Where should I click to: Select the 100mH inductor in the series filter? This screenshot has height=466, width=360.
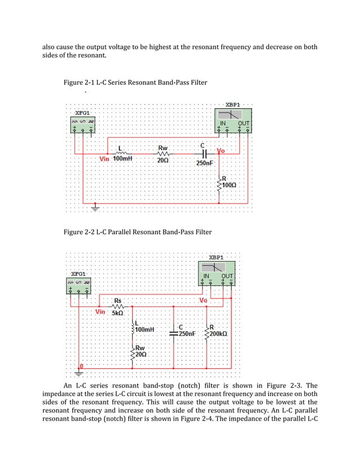coord(122,152)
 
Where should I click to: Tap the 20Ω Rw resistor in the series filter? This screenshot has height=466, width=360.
coord(163,153)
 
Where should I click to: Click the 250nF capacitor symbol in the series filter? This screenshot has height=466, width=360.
coord(205,153)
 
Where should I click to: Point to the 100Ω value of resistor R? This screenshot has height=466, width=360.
coord(230,185)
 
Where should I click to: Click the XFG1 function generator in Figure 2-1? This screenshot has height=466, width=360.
coord(82,124)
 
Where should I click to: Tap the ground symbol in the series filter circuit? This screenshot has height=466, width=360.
coord(94,208)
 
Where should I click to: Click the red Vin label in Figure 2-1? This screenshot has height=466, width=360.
coord(105,159)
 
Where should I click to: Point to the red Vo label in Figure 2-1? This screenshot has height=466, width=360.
coord(221,152)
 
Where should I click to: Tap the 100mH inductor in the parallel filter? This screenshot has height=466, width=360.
coord(133,328)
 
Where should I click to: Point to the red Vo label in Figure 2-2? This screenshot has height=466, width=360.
coord(204,301)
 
